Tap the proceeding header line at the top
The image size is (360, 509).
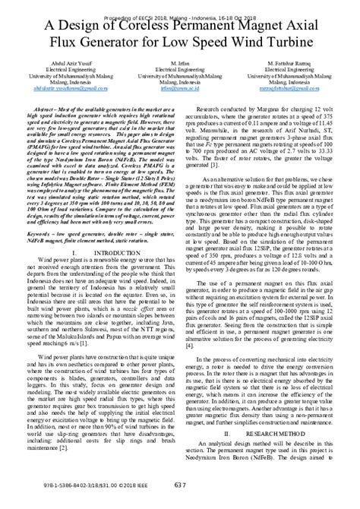click(180, 5)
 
